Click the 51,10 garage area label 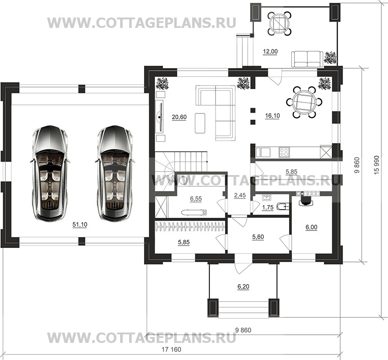coord(80,225)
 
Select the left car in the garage coord(50,173)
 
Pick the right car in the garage coord(115,173)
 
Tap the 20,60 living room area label coord(179,117)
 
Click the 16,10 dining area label coord(272,116)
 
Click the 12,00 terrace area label coord(270,51)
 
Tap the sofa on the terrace coord(307,59)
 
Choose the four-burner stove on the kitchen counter coord(284,152)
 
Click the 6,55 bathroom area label coord(196,198)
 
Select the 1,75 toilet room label coord(267,207)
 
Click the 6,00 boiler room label coord(311,227)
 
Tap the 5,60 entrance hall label coord(258,237)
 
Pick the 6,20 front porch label coord(243,287)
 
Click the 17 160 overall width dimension coord(171,349)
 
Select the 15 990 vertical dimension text coord(377,165)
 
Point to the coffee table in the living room coord(200,123)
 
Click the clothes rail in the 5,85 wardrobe coord(189,226)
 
